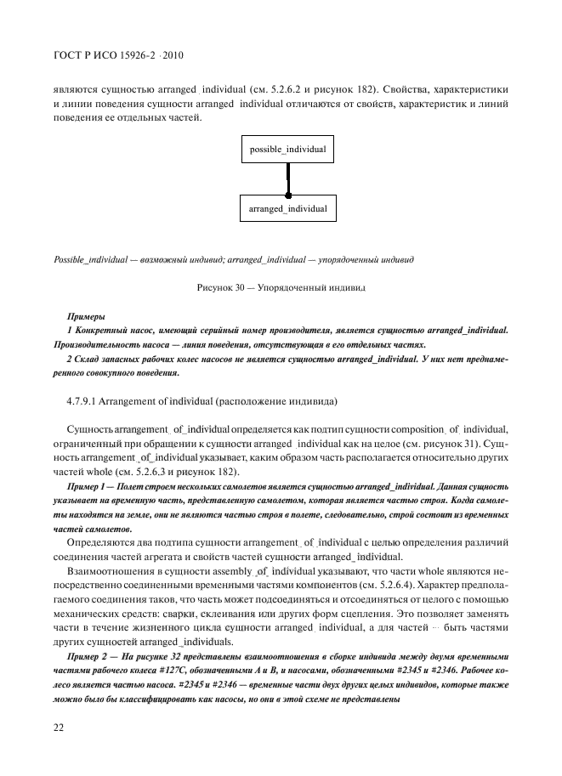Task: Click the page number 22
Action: pyautogui.click(x=59, y=727)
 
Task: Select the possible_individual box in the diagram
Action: pyautogui.click(x=288, y=149)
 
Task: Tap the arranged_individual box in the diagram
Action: pyautogui.click(x=288, y=207)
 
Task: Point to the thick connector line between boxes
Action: pyautogui.click(x=288, y=178)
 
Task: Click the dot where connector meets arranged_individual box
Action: pyautogui.click(x=288, y=195)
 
